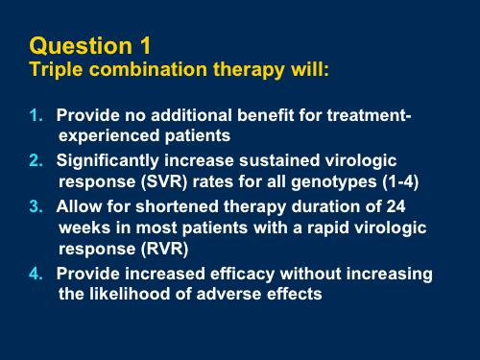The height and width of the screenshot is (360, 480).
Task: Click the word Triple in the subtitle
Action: pyautogui.click(x=56, y=70)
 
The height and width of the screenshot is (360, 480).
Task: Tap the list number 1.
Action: pyautogui.click(x=36, y=116)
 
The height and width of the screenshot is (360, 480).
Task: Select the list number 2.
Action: pyautogui.click(x=36, y=160)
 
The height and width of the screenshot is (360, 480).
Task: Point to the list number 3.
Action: pyautogui.click(x=36, y=206)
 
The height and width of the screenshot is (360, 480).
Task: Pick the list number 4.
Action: pyautogui.click(x=36, y=275)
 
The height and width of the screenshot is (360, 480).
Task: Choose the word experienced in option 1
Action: pyautogui.click(x=106, y=135)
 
